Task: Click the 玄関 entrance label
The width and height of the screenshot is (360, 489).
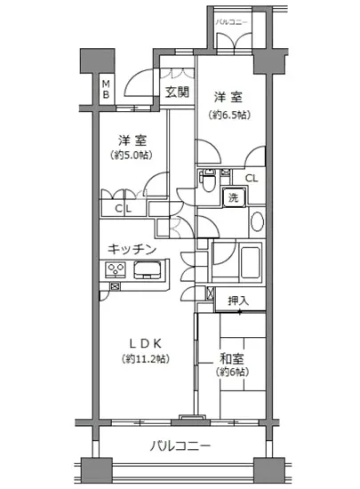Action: click(177, 91)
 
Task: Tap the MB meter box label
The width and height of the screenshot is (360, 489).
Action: click(105, 89)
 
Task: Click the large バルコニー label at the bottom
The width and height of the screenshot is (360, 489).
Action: click(180, 444)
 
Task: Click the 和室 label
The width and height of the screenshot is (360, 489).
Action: click(233, 360)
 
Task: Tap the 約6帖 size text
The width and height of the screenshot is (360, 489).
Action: click(233, 375)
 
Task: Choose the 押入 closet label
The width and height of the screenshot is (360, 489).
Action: click(238, 302)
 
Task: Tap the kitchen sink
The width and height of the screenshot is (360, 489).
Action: click(148, 269)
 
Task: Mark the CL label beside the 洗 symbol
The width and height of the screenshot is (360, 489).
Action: click(252, 179)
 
